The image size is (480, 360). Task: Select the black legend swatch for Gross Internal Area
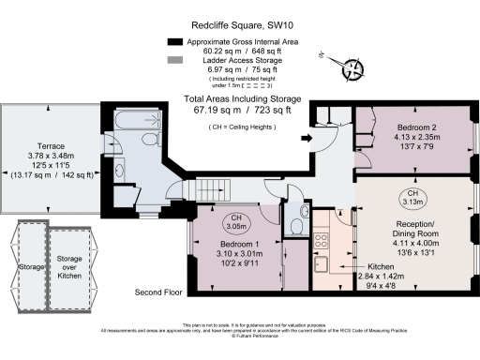(175, 42)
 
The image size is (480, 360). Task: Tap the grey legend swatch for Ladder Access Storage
(175, 61)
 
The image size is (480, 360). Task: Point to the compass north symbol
(354, 67)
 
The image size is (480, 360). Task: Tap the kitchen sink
(321, 266)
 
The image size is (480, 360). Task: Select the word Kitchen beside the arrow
(377, 267)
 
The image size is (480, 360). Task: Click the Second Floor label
(157, 292)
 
